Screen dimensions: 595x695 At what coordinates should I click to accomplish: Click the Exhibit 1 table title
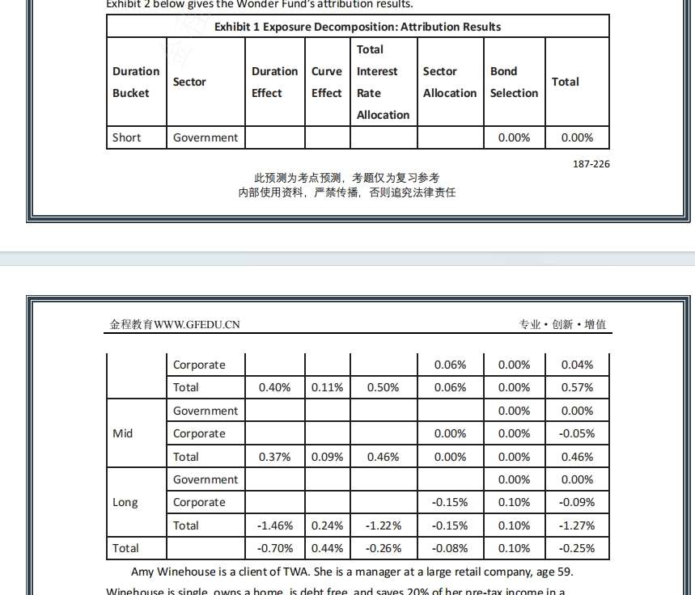pos(357,27)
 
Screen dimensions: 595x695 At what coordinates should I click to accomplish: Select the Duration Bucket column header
pos(135,82)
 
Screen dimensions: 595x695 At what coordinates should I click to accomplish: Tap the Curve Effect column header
pos(327,82)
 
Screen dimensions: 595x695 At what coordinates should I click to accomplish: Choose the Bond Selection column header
pos(514,82)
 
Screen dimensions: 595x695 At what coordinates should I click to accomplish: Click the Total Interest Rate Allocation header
pos(383,82)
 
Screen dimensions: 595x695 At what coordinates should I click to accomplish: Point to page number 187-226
pos(591,164)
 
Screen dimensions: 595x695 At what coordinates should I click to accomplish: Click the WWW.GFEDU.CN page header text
pos(175,325)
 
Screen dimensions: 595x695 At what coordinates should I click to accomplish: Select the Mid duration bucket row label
pos(123,433)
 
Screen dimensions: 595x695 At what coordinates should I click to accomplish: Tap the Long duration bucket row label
pos(125,502)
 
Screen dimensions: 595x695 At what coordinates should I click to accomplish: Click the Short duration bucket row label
pos(126,137)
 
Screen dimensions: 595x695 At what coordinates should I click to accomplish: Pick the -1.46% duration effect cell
pos(274,525)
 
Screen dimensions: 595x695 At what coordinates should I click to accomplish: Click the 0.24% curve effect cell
pos(327,525)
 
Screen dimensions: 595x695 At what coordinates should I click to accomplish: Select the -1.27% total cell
pos(577,525)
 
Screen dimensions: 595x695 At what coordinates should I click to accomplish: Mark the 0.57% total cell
pos(577,387)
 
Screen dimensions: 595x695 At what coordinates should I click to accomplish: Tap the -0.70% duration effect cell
pos(274,548)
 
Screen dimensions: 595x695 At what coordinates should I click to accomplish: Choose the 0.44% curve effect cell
pos(327,548)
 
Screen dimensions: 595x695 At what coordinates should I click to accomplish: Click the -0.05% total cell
pos(577,433)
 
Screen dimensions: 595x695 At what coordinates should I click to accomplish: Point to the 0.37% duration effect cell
pos(274,457)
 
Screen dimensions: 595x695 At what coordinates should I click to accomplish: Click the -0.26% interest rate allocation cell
pos(383,548)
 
